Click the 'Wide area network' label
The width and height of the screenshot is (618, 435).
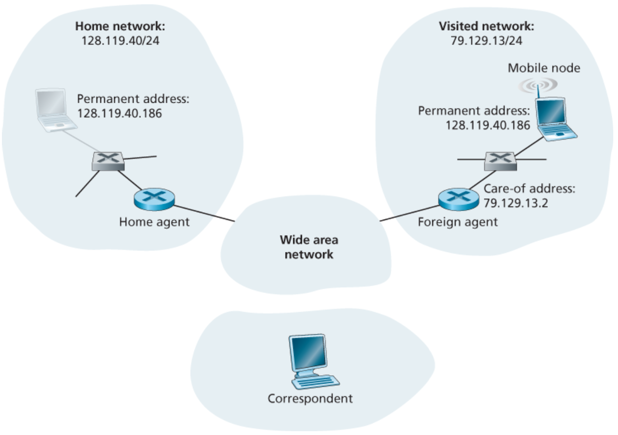pos(309,247)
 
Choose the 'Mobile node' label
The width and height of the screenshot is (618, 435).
pos(543,68)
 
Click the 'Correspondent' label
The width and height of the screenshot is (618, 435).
pos(310,398)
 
